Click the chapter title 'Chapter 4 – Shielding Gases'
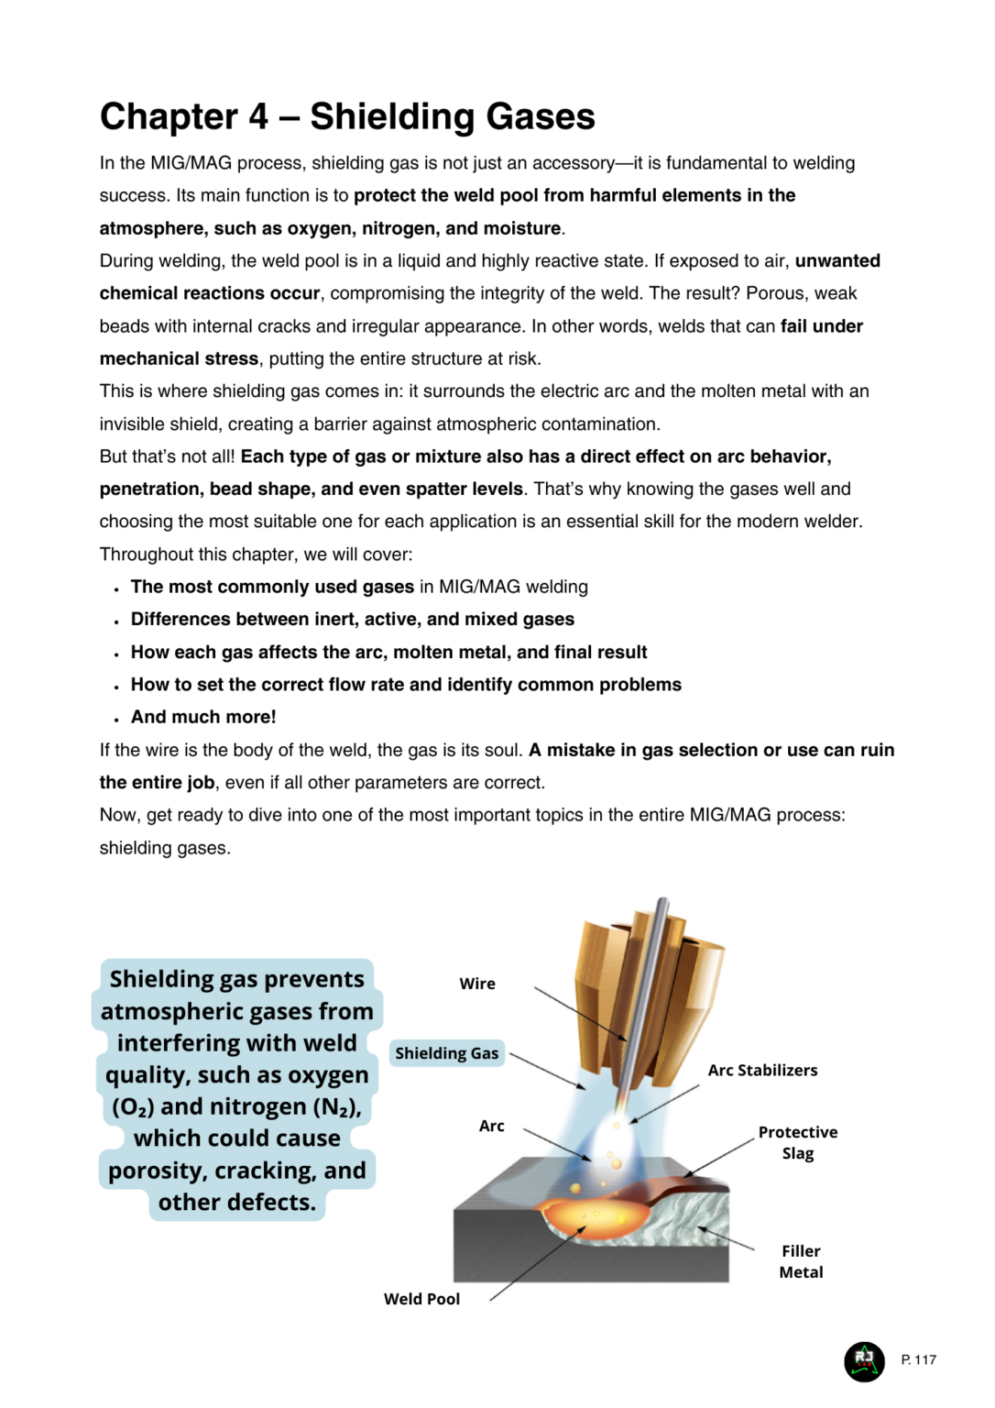pos(347,117)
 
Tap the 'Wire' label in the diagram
pos(477,984)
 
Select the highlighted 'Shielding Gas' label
pos(446,1053)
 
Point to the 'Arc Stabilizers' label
pos(762,1070)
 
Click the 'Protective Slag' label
pos(797,1142)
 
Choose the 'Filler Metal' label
pos(801,1261)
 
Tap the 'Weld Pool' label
pos(421,1298)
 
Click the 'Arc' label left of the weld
pos(491,1126)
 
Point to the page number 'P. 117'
pos(918,1359)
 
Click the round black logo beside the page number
pos(864,1360)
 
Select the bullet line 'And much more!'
pos(203,717)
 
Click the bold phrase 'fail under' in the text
pos(821,326)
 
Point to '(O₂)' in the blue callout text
pos(133,1107)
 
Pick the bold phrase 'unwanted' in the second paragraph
pos(837,261)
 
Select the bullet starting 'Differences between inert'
pos(352,620)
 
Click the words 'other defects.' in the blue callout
pos(236,1202)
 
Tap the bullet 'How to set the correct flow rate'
pos(406,685)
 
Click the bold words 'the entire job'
pos(157,783)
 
